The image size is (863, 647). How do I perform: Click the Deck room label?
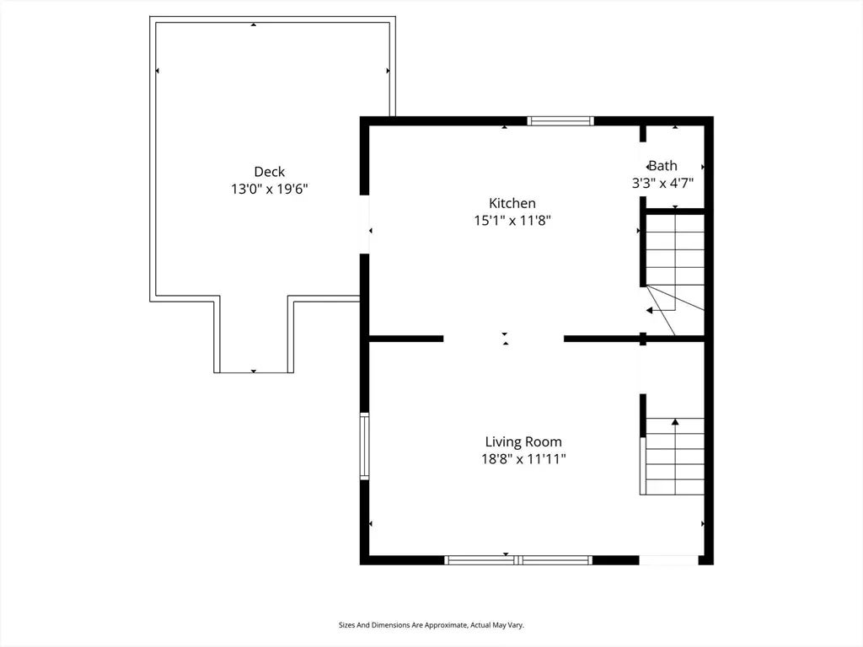[270, 172]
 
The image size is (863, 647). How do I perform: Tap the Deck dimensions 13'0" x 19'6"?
[270, 190]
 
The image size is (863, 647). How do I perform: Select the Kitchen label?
[512, 203]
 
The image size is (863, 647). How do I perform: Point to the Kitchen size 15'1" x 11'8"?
[512, 221]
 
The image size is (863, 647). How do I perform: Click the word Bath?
[663, 166]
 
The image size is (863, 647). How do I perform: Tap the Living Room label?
[523, 441]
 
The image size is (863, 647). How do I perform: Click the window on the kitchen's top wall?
[560, 120]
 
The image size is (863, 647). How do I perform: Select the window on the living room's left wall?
[364, 446]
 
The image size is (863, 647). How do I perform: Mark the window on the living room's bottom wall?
[518, 559]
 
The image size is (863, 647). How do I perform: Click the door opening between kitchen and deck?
[364, 224]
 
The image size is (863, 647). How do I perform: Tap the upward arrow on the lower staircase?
[675, 421]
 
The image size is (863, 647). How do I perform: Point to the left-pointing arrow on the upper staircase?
[650, 310]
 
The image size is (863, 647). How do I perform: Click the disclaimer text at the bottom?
[431, 625]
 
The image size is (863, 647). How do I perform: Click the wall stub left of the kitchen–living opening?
[406, 339]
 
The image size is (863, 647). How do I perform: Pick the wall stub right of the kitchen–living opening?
[602, 339]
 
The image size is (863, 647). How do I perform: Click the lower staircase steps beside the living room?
[673, 459]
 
